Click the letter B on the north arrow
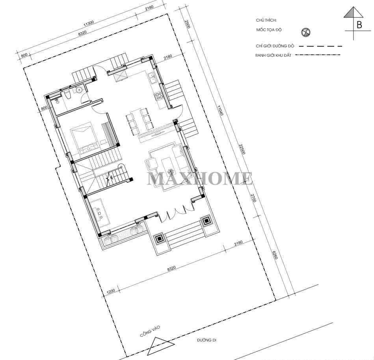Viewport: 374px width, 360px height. click(359, 25)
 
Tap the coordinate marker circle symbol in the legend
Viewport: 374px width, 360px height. click(305, 32)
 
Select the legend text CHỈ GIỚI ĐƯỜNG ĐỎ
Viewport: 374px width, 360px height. click(275, 46)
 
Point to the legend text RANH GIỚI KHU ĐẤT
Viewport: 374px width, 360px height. click(273, 55)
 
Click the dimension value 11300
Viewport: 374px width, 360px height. click(89, 23)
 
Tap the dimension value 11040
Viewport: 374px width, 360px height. click(220, 110)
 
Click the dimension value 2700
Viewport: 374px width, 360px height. click(253, 198)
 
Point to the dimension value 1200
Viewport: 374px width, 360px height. click(111, 291)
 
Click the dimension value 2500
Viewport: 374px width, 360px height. click(188, 24)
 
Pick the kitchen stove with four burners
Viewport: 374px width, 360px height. click(159, 96)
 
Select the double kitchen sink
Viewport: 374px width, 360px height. click(151, 78)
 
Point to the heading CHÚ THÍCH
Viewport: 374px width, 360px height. click(266, 20)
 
